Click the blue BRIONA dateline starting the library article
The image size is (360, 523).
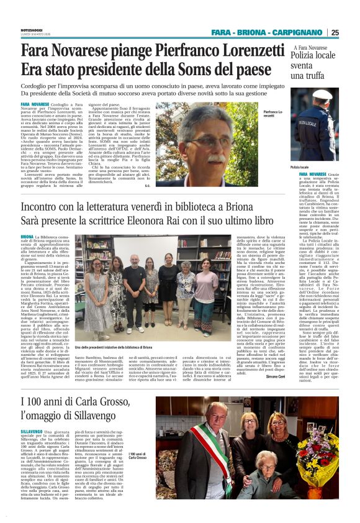(x=27, y=237)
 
